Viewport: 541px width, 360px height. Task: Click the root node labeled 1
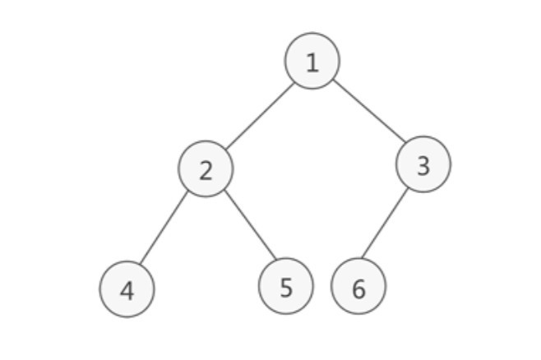[x=312, y=61]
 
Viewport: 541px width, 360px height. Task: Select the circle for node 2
[x=206, y=169]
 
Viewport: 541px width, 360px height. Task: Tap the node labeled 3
[x=423, y=164]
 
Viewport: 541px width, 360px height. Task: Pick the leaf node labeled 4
[x=127, y=289]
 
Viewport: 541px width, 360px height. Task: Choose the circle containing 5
[x=286, y=286]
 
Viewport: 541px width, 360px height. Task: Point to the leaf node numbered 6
[x=358, y=286]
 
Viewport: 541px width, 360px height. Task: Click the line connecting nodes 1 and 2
[x=260, y=116]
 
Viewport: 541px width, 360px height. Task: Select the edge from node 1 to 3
[x=368, y=111]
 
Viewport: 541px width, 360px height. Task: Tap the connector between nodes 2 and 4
[x=164, y=228]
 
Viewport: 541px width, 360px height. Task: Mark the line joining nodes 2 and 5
[x=250, y=224]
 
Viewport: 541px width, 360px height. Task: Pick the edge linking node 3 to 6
[x=385, y=224]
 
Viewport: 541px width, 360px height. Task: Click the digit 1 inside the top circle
[x=312, y=62]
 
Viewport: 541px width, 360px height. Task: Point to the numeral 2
[x=206, y=170]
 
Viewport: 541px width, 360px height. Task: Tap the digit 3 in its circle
[x=423, y=166]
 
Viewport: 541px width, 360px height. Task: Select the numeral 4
[x=127, y=291]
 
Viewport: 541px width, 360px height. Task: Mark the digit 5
[x=286, y=287]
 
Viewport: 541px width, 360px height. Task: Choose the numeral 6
[x=358, y=288]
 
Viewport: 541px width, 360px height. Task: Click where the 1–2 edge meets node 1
[x=294, y=83]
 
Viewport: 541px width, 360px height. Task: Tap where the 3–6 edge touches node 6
[x=362, y=259]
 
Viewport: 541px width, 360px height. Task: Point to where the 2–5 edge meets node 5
[x=276, y=259]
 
